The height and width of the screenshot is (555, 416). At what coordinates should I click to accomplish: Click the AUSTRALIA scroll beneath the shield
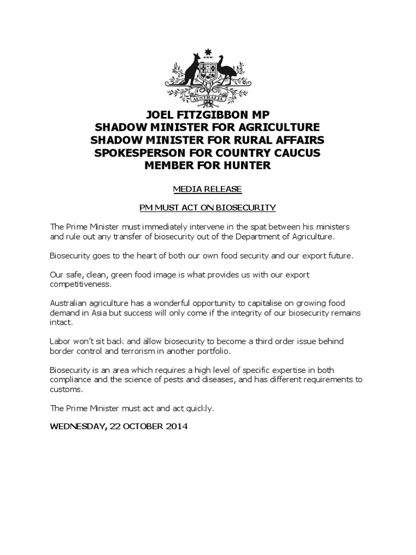click(x=207, y=99)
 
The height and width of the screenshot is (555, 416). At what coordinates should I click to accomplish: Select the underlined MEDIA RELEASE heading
click(x=207, y=189)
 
